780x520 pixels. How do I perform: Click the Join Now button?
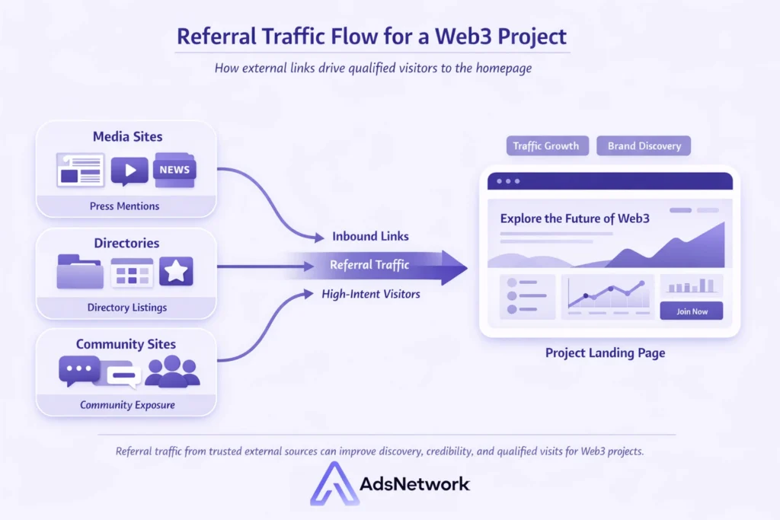pos(691,311)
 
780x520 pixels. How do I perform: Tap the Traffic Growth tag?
pos(546,146)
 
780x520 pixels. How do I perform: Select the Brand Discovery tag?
pos(644,146)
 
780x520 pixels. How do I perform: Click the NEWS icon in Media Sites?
pos(174,170)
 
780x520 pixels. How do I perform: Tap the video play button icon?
pos(129,170)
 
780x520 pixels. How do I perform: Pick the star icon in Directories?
pos(176,271)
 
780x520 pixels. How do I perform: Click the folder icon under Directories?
pos(80,271)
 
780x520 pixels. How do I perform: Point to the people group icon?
pos(172,372)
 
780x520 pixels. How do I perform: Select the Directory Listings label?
pos(127,308)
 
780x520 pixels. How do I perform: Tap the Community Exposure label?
pos(127,405)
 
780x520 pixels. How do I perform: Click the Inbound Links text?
pos(370,236)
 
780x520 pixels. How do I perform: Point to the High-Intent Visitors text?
pos(370,294)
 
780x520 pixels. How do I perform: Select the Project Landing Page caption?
pos(605,353)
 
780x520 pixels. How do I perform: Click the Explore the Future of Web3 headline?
pos(576,219)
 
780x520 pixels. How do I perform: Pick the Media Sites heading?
pos(127,137)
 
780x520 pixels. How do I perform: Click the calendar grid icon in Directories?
pos(132,272)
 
